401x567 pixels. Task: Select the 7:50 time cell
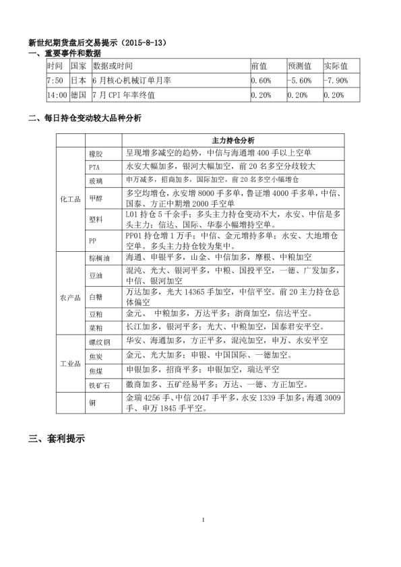[55, 81]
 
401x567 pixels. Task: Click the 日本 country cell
[78, 81]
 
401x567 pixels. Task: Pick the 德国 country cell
[78, 95]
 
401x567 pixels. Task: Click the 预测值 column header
[299, 67]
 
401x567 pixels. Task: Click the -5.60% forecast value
[299, 81]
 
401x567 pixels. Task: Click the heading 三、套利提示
[57, 438]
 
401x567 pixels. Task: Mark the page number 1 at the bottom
[203, 519]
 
